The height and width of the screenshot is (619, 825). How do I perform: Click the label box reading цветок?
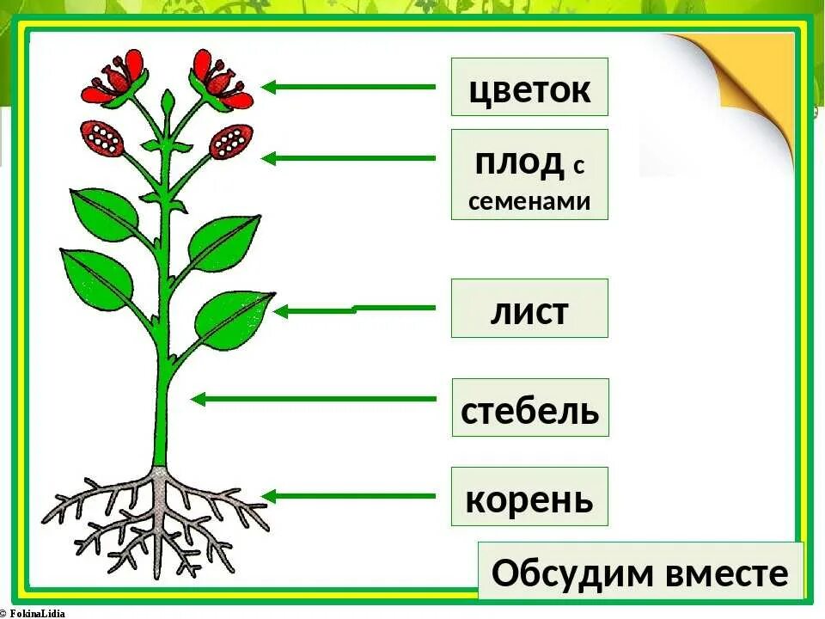point(529,87)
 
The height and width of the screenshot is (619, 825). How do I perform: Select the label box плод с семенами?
point(529,175)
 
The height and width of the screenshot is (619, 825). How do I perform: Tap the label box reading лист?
point(529,308)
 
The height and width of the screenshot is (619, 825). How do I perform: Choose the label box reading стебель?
point(530,408)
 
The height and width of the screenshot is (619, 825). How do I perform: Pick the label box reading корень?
point(529,496)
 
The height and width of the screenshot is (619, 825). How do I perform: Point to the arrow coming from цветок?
point(348,87)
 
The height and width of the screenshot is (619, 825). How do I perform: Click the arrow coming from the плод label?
point(348,158)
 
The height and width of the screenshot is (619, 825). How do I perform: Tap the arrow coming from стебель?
point(314,399)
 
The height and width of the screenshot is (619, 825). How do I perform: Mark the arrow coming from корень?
point(348,496)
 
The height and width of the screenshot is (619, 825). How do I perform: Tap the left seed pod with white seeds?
point(103,138)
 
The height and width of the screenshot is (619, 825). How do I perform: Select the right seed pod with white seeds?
point(230,139)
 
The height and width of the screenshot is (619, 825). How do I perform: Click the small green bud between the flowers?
point(168,104)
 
